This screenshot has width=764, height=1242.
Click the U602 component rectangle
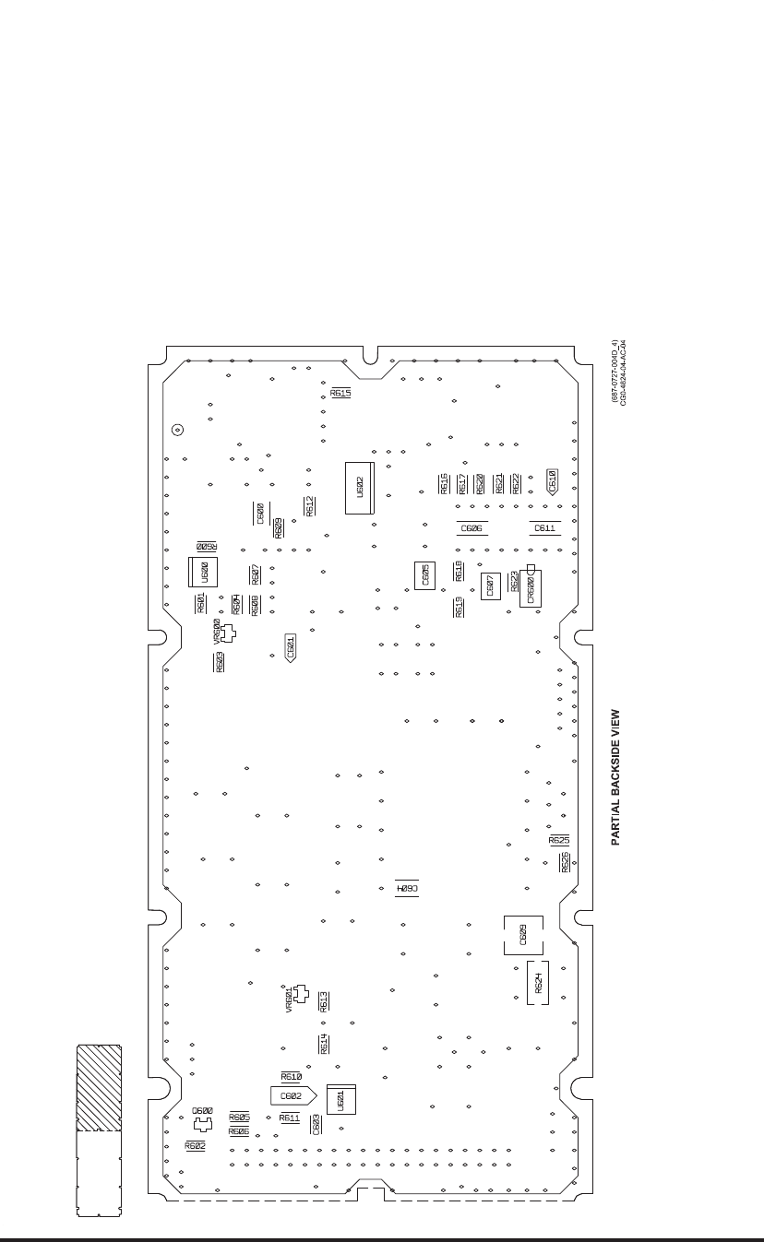point(360,487)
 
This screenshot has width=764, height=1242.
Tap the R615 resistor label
point(340,393)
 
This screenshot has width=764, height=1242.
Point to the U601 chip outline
point(340,1099)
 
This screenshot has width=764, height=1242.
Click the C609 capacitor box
point(523,935)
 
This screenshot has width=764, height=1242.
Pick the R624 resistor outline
point(538,983)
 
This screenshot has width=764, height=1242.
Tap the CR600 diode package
point(530,588)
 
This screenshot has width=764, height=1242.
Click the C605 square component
point(424,575)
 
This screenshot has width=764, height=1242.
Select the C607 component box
point(490,585)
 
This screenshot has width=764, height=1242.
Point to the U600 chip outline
point(204,572)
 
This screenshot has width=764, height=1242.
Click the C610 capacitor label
point(552,481)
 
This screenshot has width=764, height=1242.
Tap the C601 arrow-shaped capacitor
point(291,647)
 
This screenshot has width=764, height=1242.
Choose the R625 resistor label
point(559,841)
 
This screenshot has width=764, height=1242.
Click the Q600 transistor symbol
point(202,1125)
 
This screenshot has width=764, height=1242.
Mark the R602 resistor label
point(195,1145)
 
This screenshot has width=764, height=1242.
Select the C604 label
point(407,889)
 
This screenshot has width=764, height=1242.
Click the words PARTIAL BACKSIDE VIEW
point(615,776)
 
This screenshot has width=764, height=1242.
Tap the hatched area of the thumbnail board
point(99,1088)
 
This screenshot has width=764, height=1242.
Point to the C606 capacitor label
point(471,528)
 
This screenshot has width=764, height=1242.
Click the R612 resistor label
point(310,506)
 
